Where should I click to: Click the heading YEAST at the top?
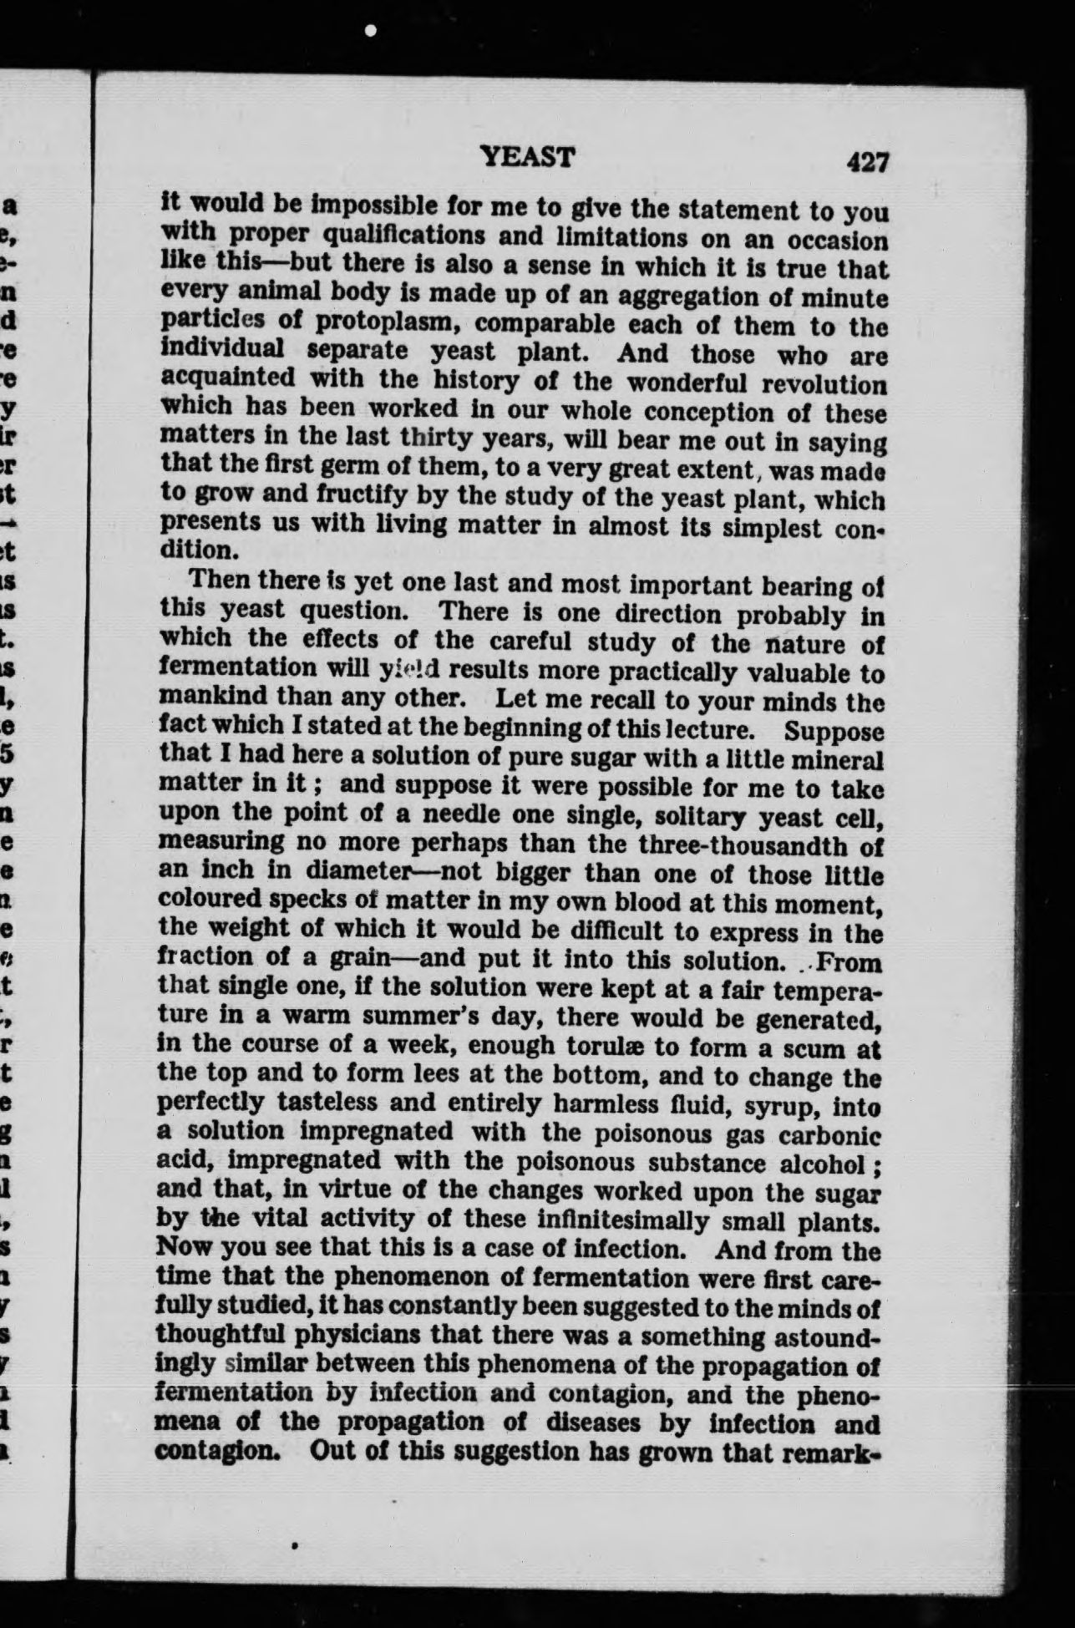pos(528,156)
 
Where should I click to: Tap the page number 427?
pos(867,161)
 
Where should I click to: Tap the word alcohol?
pos(821,1165)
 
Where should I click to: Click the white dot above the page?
pos(371,30)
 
